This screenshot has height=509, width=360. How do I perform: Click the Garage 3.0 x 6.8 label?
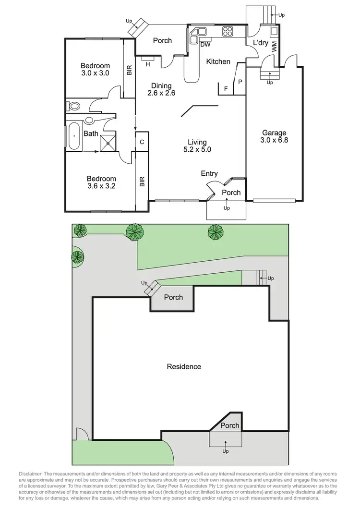click(x=274, y=137)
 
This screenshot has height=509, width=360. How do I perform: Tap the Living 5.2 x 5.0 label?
click(x=197, y=145)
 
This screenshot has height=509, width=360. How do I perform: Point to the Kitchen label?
click(x=218, y=61)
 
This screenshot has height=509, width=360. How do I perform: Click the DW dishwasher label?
click(x=205, y=45)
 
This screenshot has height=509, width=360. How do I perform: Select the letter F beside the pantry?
click(x=226, y=88)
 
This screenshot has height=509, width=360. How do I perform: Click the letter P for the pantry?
click(x=240, y=82)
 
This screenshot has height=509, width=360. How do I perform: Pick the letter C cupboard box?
click(x=142, y=142)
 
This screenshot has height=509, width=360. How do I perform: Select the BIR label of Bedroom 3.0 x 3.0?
click(x=129, y=71)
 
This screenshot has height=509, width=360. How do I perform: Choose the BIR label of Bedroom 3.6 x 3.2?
click(x=142, y=182)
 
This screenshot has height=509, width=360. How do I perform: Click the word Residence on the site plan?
click(x=184, y=366)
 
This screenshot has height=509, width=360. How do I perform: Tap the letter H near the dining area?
click(x=148, y=64)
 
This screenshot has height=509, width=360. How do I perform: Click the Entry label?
click(x=209, y=174)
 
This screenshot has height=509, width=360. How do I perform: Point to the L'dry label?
click(x=261, y=43)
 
